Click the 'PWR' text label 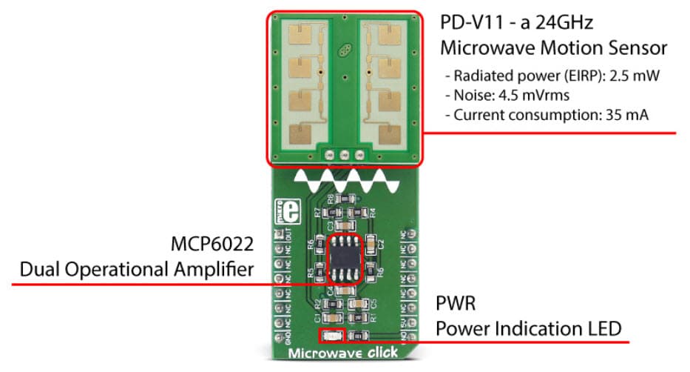[x=454, y=304]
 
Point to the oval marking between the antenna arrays [x=344, y=52]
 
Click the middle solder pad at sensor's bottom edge [x=342, y=154]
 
